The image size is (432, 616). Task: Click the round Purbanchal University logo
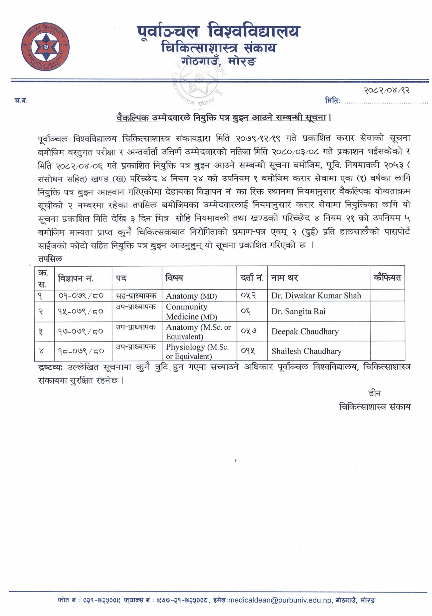coord(45,47)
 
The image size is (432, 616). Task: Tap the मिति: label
coord(332,101)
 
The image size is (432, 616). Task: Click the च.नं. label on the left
coord(21,101)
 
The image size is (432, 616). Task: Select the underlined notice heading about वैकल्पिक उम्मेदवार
coord(223,117)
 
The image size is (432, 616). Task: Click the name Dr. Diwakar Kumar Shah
coord(316,296)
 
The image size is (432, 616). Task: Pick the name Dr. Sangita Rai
coord(298,311)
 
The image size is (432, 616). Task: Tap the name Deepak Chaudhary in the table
coord(305,332)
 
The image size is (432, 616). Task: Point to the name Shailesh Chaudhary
coord(306,351)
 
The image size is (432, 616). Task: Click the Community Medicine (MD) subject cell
coord(191,311)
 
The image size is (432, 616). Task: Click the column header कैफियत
coord(387,278)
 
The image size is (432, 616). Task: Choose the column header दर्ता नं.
coord(252,278)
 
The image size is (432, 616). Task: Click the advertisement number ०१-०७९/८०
coord(80,296)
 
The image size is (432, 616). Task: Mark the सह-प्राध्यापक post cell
coord(136,296)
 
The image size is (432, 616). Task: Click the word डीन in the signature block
coord(374,393)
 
